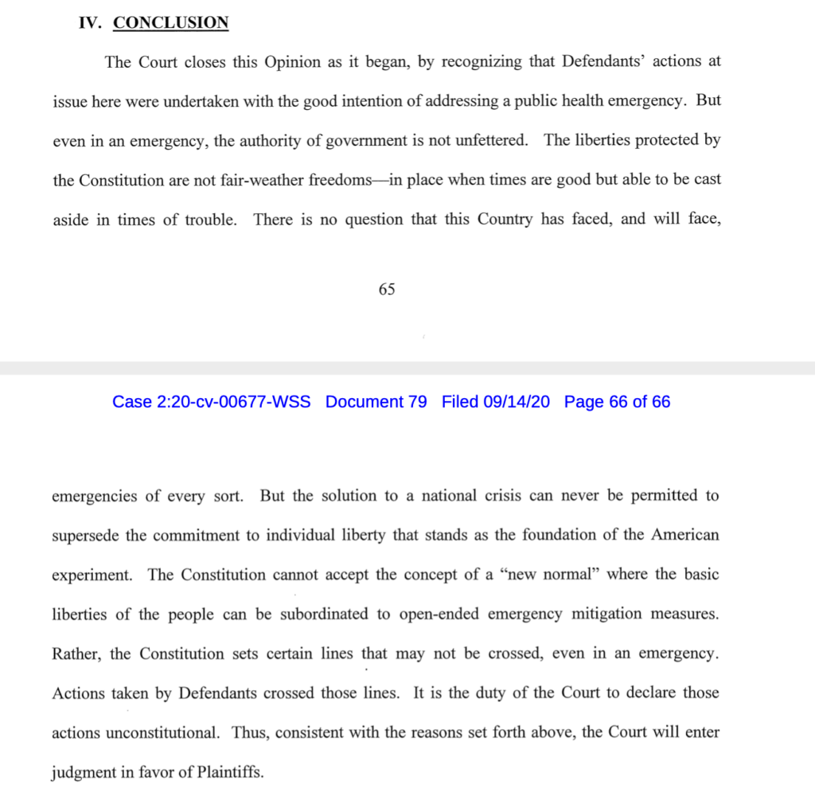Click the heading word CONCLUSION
point(170,23)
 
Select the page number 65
point(387,290)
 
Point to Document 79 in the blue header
point(376,402)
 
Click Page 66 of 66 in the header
point(617,402)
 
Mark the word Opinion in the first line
point(292,62)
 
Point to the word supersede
point(86,535)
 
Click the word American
point(685,535)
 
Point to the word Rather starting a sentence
point(77,654)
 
